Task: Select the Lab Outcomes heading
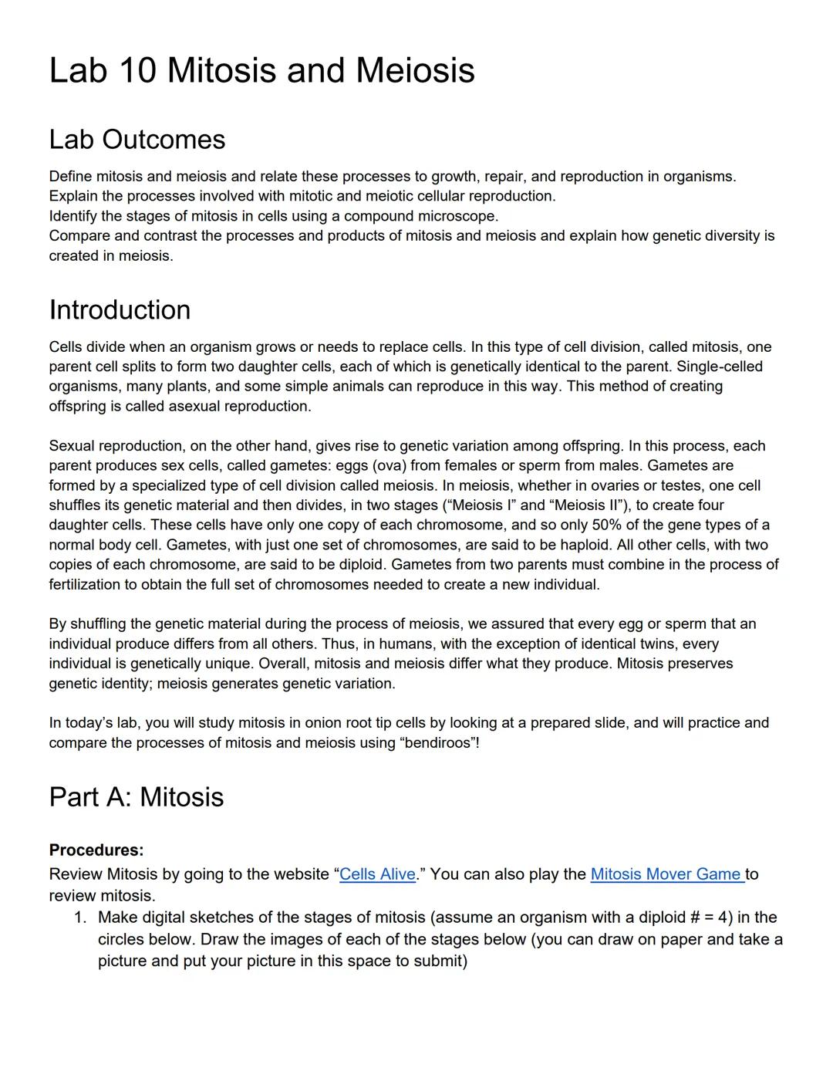click(137, 140)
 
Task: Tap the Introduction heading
click(120, 310)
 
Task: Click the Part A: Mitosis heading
click(137, 797)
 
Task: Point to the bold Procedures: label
click(96, 850)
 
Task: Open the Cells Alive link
click(377, 874)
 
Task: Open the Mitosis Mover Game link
click(666, 874)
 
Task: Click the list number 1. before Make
click(80, 917)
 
